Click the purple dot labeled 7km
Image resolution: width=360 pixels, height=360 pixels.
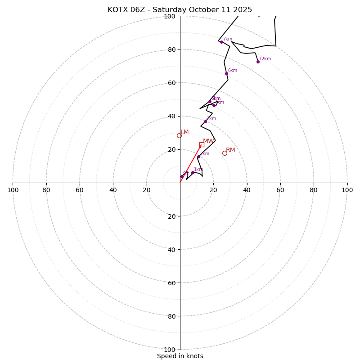[x=221, y=42]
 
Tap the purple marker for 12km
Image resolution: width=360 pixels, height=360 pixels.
[x=258, y=62]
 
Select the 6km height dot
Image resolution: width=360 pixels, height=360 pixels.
[x=226, y=73]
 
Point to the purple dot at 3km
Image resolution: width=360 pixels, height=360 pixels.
[x=205, y=121]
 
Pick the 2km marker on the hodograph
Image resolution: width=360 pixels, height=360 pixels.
[x=198, y=157]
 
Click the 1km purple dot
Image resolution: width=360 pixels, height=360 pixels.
[x=193, y=172]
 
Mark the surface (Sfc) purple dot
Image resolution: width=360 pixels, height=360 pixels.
[x=182, y=176]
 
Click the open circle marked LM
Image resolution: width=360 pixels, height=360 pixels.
[x=179, y=135]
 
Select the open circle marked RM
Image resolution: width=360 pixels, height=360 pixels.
[x=225, y=153]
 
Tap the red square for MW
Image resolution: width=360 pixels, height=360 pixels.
[x=202, y=144]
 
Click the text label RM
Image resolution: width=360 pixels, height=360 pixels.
[x=230, y=150]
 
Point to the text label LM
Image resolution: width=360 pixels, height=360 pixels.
[x=184, y=132]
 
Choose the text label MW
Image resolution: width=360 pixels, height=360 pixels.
[x=208, y=141]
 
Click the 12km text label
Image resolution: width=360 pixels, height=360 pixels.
[x=265, y=59]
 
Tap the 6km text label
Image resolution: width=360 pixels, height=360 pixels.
[x=232, y=71]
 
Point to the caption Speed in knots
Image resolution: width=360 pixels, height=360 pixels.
[x=180, y=356]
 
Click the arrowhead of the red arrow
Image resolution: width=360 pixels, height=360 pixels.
[x=200, y=146]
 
